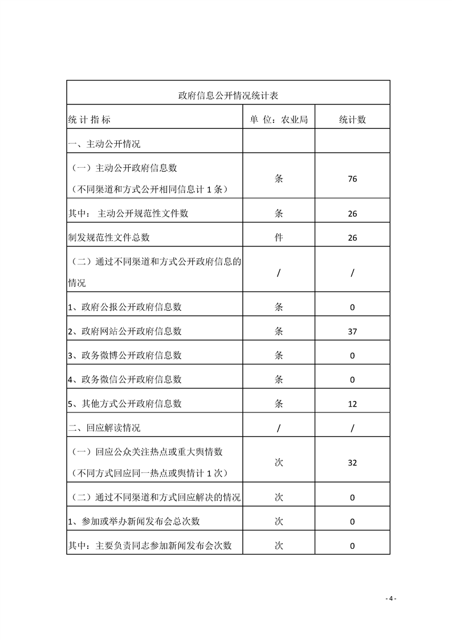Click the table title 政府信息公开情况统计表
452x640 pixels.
pos(228,95)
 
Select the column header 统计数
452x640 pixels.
pos(352,120)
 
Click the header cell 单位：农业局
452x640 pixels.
pos(279,120)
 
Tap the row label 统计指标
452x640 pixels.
pos(89,120)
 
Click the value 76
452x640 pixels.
pos(352,179)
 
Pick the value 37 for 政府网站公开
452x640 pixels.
pos(352,331)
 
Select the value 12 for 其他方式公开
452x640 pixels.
pos(352,404)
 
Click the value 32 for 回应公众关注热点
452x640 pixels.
pos(352,463)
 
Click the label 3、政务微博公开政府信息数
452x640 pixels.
pos(124,355)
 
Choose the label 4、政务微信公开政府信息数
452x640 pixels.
pos(124,379)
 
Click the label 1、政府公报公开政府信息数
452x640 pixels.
pos(124,307)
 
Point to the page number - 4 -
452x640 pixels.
pos(390,598)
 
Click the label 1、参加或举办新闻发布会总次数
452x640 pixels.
pos(133,521)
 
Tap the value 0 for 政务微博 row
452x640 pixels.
pos(352,356)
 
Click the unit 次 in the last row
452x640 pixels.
pos(279,545)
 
